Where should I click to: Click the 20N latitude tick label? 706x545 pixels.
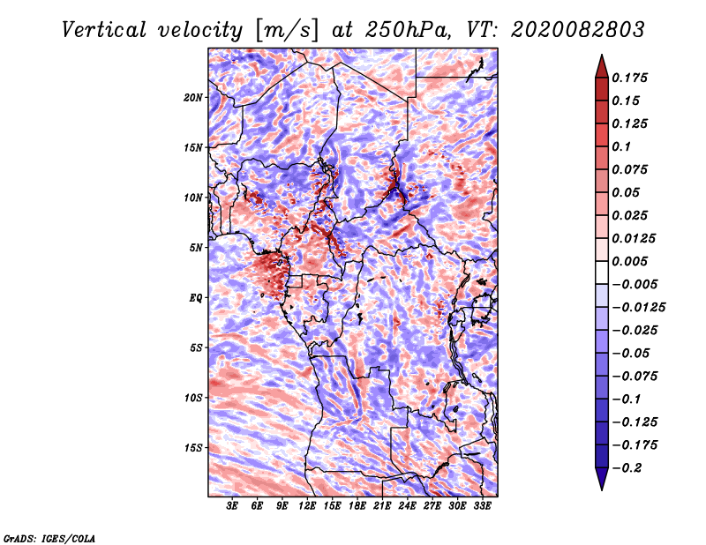tap(193, 98)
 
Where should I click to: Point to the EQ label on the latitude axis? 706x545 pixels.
tap(195, 298)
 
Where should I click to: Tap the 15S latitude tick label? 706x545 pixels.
tap(193, 448)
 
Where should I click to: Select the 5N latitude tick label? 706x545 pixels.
tap(196, 248)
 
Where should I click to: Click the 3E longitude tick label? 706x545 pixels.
tap(232, 506)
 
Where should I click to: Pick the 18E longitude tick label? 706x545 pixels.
tap(357, 506)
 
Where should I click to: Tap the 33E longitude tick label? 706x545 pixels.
tap(482, 506)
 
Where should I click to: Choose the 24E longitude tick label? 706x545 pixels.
tap(407, 506)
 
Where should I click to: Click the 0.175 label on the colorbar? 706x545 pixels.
tap(629, 78)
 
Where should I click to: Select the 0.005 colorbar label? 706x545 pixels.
tap(629, 261)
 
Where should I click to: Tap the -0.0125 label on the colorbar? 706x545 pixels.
tap(638, 308)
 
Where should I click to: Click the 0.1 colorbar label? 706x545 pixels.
tap(621, 146)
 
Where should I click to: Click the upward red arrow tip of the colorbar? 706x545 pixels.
tap(602, 56)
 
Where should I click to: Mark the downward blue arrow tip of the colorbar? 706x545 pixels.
tap(602, 489)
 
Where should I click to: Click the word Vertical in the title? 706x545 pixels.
tap(104, 30)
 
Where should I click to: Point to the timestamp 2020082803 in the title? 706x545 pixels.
tap(578, 30)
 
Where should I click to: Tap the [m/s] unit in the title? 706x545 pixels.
tap(287, 31)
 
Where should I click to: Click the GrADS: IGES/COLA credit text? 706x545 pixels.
tap(49, 539)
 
